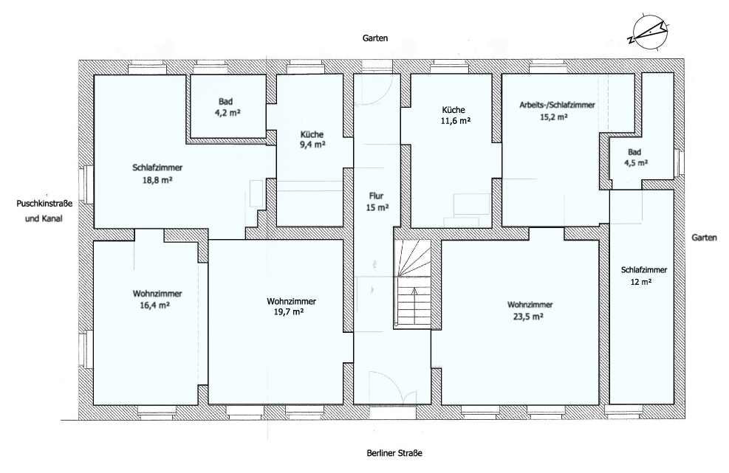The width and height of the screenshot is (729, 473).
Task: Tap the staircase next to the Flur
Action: [x=412, y=284]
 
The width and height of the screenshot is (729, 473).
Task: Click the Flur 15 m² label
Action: [x=377, y=201]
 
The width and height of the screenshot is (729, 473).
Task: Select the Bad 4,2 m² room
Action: [x=227, y=106]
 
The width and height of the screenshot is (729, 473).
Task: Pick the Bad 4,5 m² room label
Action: [x=635, y=157]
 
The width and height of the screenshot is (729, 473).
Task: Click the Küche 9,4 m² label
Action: [x=312, y=139]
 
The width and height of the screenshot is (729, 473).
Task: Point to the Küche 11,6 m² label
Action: [x=454, y=115]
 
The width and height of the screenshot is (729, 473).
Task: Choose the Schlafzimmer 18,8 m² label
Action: [x=157, y=173]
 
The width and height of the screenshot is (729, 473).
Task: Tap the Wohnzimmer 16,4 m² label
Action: [x=157, y=300]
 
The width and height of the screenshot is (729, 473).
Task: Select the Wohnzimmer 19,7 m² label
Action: [x=291, y=307]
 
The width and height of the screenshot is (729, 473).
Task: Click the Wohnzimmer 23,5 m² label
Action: [x=530, y=311]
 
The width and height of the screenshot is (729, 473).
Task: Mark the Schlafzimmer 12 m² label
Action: [x=644, y=275]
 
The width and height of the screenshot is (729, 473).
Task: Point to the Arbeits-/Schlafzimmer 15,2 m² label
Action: [x=557, y=111]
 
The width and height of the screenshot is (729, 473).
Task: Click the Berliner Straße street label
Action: [x=394, y=453]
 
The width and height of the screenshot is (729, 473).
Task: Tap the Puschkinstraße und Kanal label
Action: [x=44, y=211]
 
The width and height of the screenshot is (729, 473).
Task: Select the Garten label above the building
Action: [x=375, y=38]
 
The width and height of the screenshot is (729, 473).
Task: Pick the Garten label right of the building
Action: [x=704, y=238]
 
